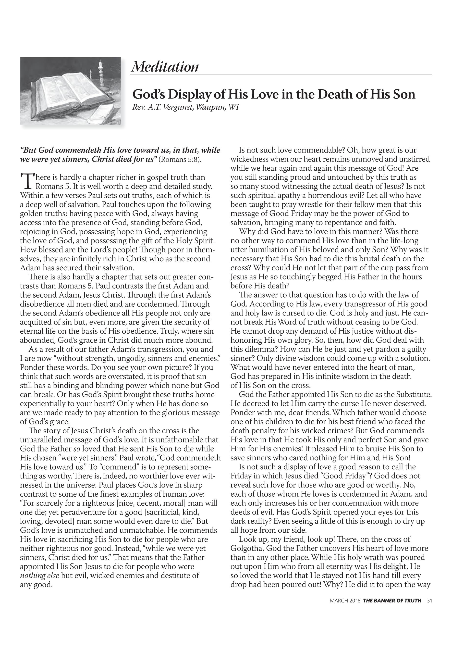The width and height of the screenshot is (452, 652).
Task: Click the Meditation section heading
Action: pyautogui.click(x=165, y=67)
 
